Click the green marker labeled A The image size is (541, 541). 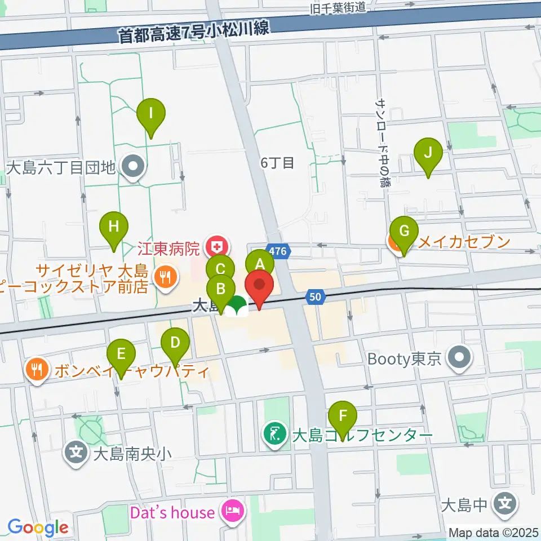pyautogui.click(x=260, y=264)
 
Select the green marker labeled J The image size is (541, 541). pyautogui.click(x=428, y=153)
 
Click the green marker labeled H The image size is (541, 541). pyautogui.click(x=114, y=227)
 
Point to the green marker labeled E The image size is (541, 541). pyautogui.click(x=121, y=354)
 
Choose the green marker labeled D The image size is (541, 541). pyautogui.click(x=175, y=342)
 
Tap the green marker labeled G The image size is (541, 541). pyautogui.click(x=403, y=232)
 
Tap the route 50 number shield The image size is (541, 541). pyautogui.click(x=315, y=296)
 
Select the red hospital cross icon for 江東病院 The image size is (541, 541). pyautogui.click(x=215, y=246)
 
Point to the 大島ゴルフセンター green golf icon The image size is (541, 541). pyautogui.click(x=275, y=434)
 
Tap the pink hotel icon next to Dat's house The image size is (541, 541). pyautogui.click(x=232, y=512)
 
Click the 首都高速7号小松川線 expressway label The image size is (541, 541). pyautogui.click(x=194, y=32)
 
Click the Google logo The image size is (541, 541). pyautogui.click(x=38, y=527)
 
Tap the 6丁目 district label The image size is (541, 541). pyautogui.click(x=277, y=163)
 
